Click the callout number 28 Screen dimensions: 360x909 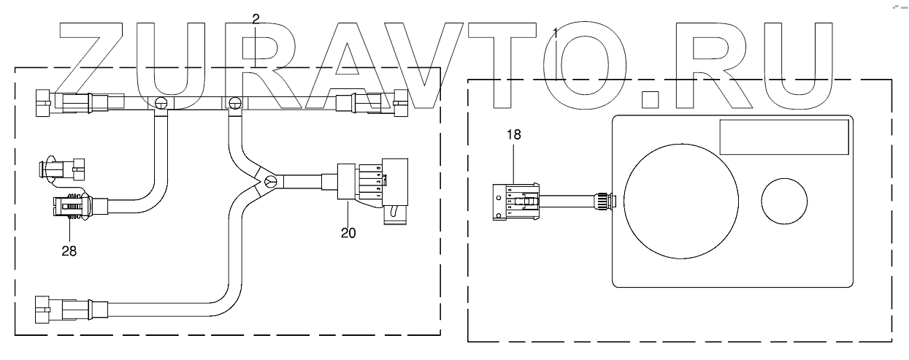coord(69,250)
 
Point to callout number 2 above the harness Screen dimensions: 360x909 coord(255,20)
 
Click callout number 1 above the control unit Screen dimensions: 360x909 coord(556,33)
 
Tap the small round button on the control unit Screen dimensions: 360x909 coord(785,200)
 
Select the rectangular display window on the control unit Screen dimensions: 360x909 coord(783,137)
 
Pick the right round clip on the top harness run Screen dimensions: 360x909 coord(235,104)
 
